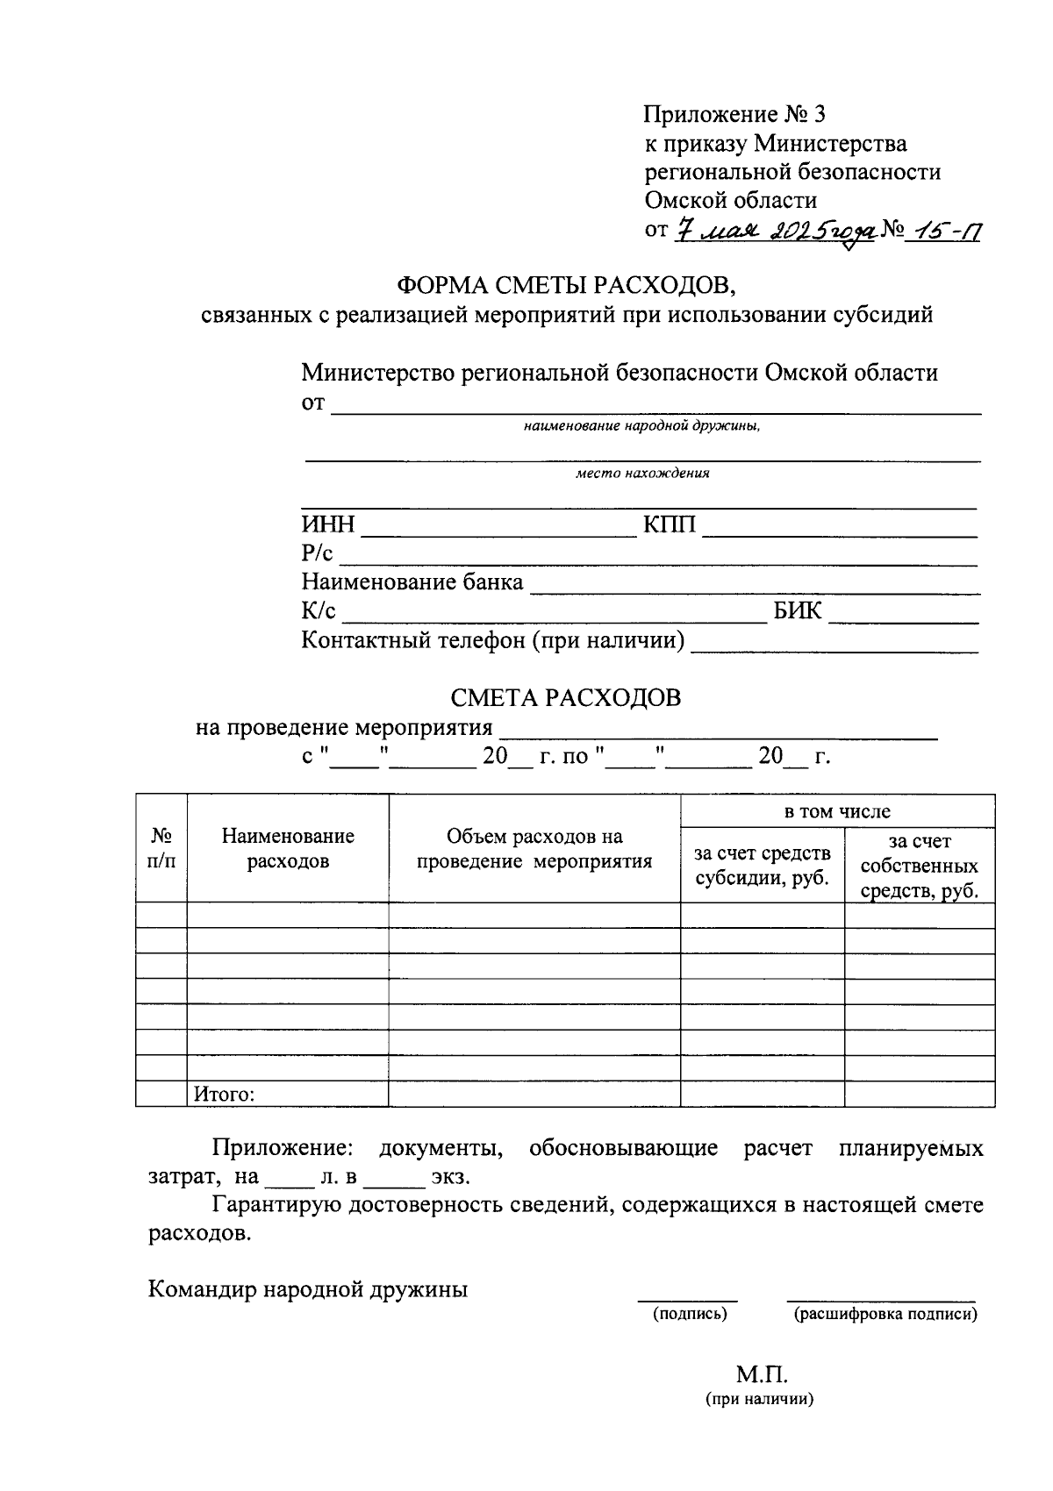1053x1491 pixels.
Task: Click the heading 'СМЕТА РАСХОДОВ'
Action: tap(565, 698)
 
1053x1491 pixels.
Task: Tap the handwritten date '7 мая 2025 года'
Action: tap(776, 231)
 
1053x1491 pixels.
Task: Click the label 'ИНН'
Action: tap(328, 524)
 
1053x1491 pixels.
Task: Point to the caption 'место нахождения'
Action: tap(642, 474)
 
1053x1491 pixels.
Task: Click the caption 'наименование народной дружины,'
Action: tap(642, 427)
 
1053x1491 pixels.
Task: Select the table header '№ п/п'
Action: tap(161, 848)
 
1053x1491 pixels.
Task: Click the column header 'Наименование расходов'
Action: tap(288, 848)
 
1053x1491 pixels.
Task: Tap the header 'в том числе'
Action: tap(837, 812)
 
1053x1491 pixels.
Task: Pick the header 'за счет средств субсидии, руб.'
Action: tap(762, 866)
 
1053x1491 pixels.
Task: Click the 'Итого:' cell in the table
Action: tap(225, 1094)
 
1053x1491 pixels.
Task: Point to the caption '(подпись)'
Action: tap(689, 1314)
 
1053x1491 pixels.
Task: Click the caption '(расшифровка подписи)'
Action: tap(885, 1314)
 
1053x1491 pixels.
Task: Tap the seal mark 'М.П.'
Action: tap(761, 1373)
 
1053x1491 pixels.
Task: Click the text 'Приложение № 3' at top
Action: tap(735, 115)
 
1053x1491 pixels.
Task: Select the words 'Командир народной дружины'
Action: tap(308, 1289)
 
